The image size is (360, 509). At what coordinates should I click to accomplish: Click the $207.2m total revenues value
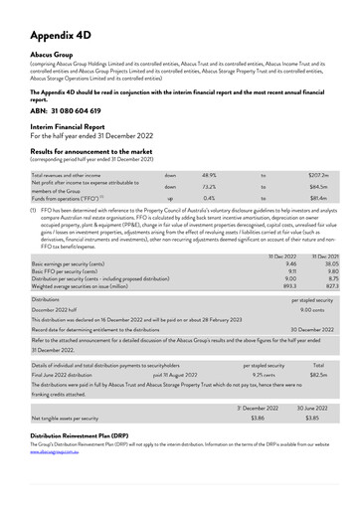318,174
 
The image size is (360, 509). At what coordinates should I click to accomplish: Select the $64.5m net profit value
318,186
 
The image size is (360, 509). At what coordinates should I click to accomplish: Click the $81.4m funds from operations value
318,198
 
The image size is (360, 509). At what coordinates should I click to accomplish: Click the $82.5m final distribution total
318,375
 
